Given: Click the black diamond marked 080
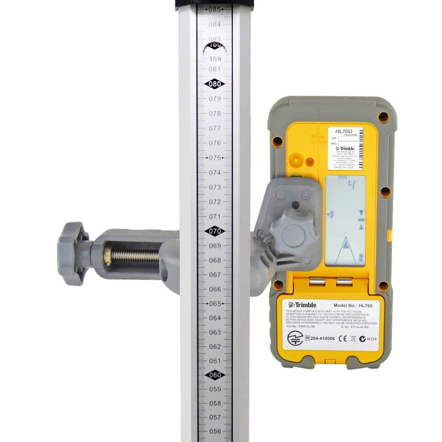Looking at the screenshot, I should pyautogui.click(x=215, y=84).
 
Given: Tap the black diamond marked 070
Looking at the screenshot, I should pyautogui.click(x=215, y=231).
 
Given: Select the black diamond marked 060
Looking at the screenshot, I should pyautogui.click(x=215, y=375).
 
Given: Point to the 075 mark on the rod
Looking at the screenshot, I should pyautogui.click(x=215, y=158).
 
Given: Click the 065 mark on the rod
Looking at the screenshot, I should pyautogui.click(x=215, y=304).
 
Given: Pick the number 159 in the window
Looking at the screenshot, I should pyautogui.click(x=215, y=59).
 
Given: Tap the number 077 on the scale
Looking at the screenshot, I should pyautogui.click(x=215, y=128).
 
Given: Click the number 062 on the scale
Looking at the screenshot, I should pyautogui.click(x=215, y=347).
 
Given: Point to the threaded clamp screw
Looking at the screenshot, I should pyautogui.click(x=133, y=254).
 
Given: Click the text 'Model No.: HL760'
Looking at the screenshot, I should pyautogui.click(x=353, y=305).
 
